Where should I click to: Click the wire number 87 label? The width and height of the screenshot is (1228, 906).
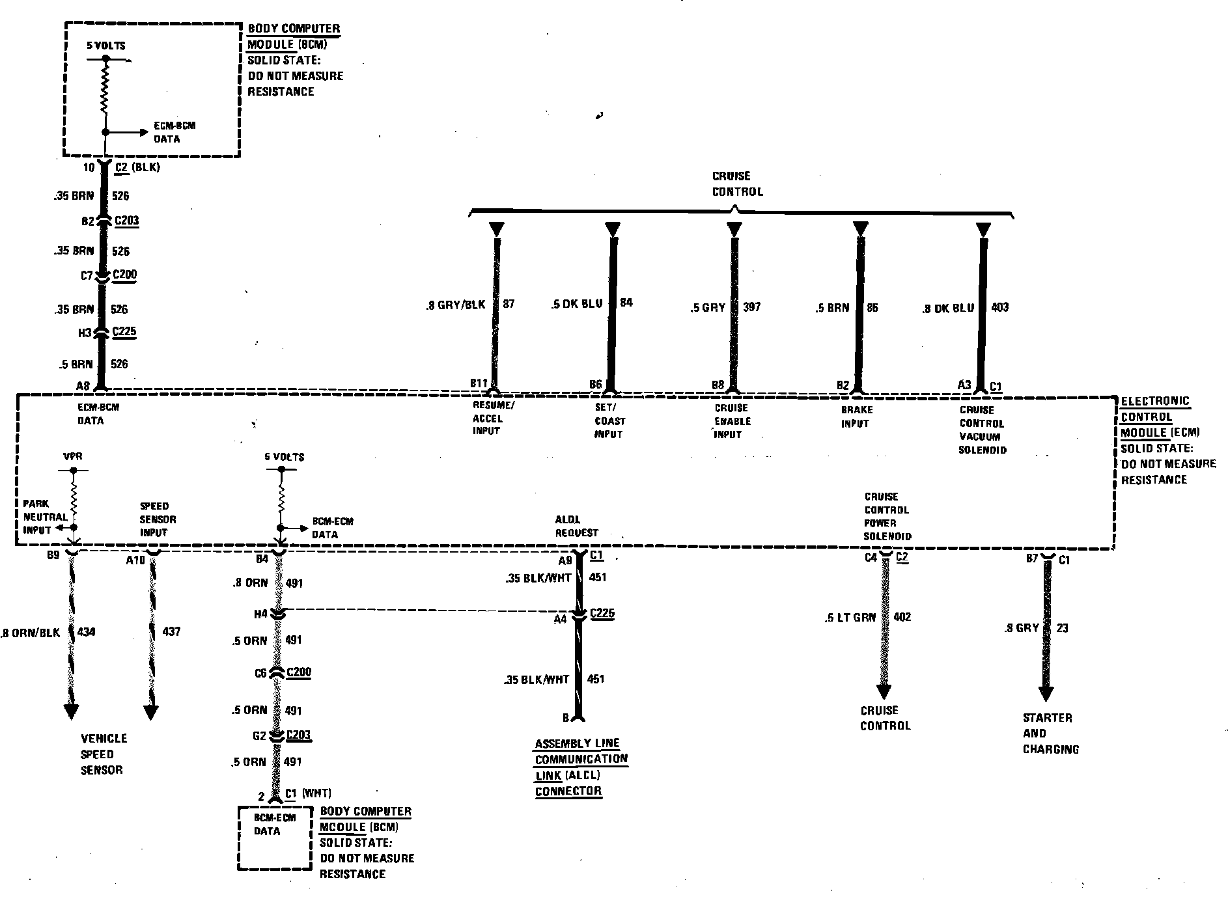509,304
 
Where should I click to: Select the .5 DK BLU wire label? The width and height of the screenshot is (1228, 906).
576,303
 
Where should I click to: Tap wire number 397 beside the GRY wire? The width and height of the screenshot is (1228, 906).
751,307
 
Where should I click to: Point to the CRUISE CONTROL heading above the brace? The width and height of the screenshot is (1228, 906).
736,184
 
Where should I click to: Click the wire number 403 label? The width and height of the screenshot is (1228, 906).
999,307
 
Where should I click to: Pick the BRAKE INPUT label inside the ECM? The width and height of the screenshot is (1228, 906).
856,417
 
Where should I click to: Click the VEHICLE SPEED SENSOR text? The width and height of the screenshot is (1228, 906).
104,754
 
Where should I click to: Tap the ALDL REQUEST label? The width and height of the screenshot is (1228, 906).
576,526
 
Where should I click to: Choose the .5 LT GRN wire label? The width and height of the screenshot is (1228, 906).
850,617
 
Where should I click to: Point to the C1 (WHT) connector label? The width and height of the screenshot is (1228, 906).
308,793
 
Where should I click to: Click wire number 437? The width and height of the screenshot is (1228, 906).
171,631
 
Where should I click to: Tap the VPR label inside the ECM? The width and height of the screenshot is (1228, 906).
73,458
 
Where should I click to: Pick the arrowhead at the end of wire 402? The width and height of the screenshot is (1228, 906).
884,691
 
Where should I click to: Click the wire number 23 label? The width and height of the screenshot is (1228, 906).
1062,628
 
